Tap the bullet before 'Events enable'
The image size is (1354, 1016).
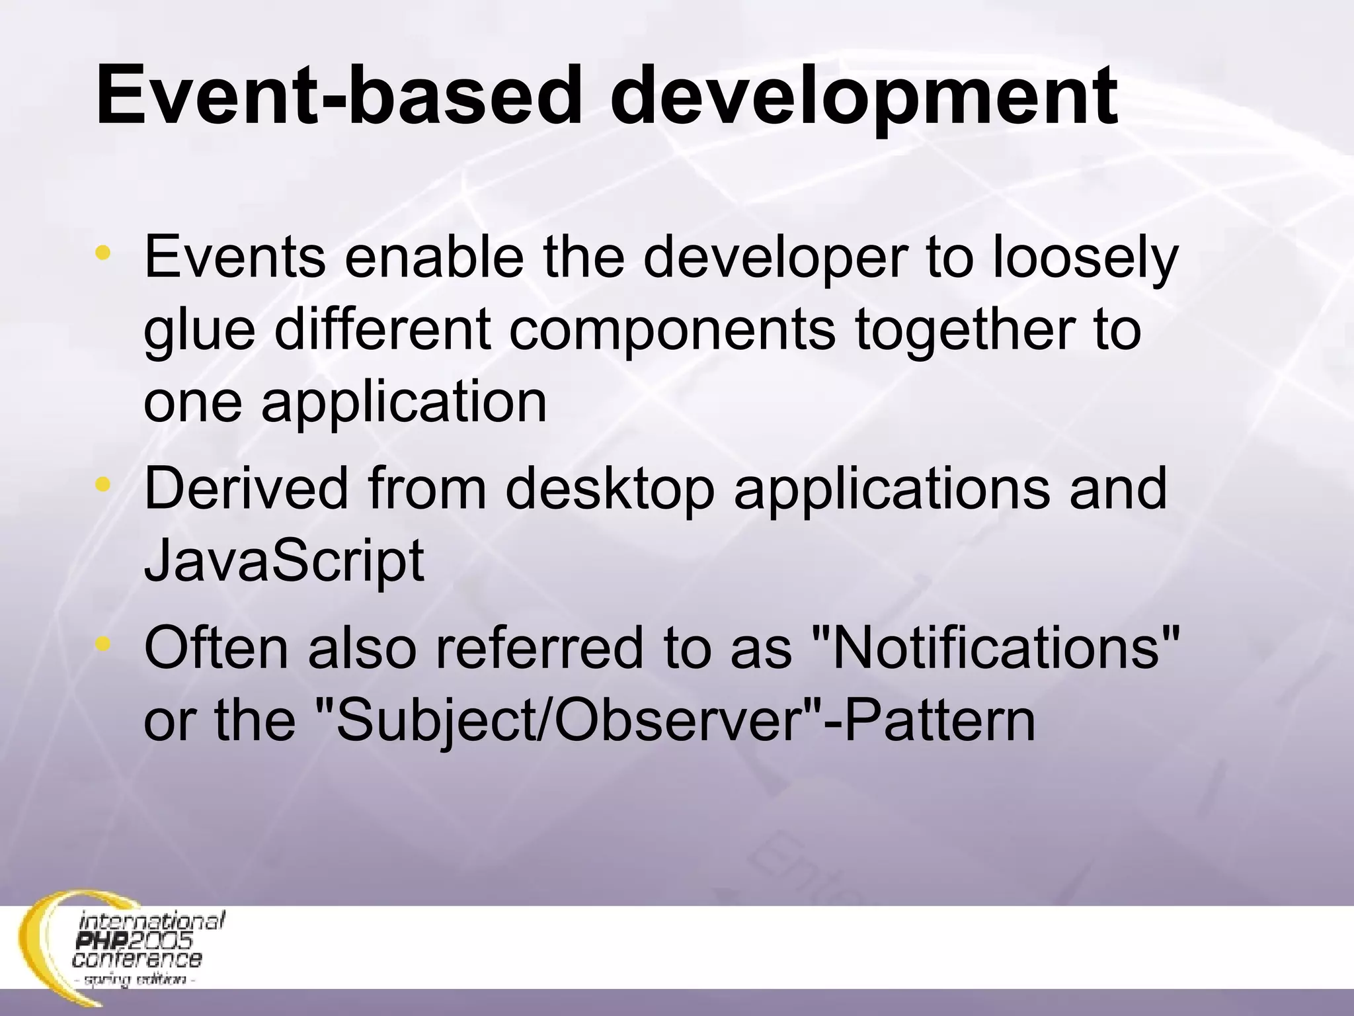pos(102,253)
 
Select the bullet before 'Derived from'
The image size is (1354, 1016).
pos(102,485)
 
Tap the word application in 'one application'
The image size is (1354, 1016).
pos(404,403)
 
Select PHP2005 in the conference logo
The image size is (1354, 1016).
pos(135,940)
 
